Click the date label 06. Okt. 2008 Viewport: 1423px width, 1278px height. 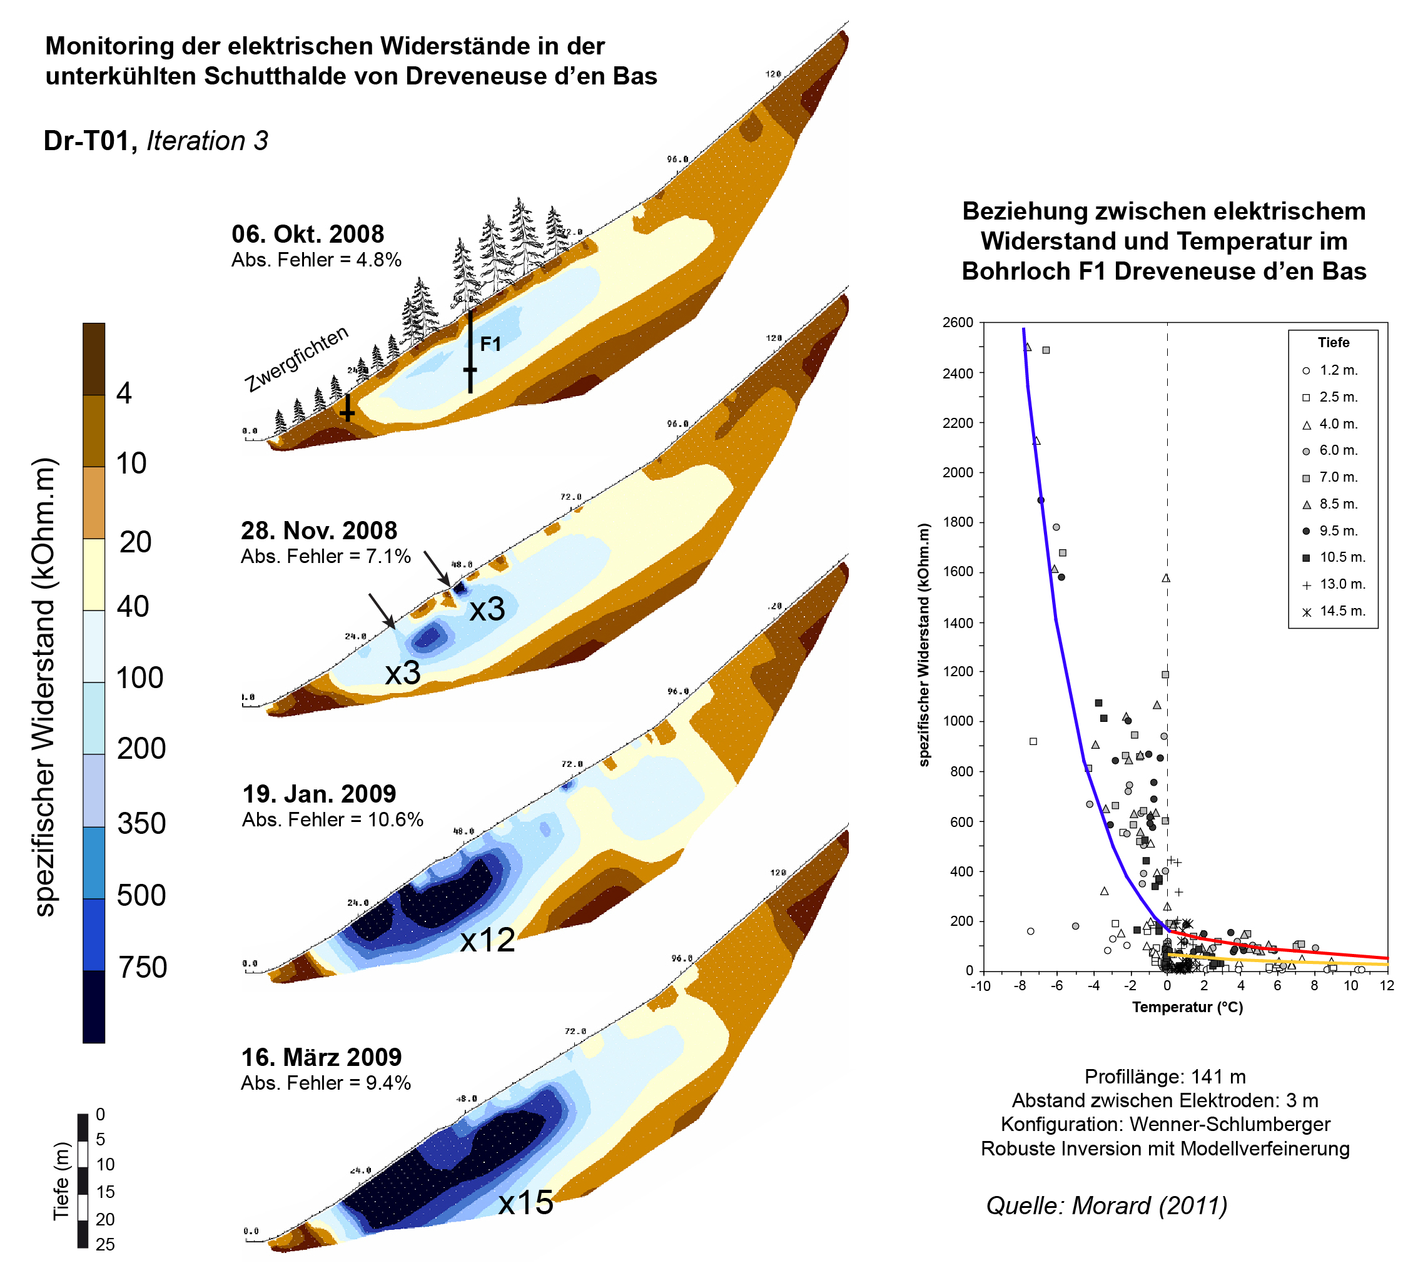pyautogui.click(x=308, y=234)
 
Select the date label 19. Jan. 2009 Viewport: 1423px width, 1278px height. pyautogui.click(x=319, y=794)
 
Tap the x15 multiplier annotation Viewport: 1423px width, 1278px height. pyautogui.click(x=526, y=1204)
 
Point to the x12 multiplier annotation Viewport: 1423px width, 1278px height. pyautogui.click(x=487, y=940)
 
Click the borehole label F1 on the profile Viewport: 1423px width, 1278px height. pyautogui.click(x=490, y=344)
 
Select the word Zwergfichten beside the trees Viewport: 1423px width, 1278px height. pyautogui.click(x=296, y=359)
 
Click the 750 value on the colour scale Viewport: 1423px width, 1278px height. pyautogui.click(x=142, y=968)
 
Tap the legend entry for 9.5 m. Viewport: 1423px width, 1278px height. pyautogui.click(x=1338, y=531)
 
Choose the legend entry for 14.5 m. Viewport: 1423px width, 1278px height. pyautogui.click(x=1342, y=611)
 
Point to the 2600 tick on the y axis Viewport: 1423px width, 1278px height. pyautogui.click(x=958, y=322)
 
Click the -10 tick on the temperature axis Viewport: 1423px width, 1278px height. pyautogui.click(x=980, y=986)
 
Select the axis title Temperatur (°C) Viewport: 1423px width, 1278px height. pyautogui.click(x=1187, y=1007)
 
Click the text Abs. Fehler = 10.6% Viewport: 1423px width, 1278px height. pyautogui.click(x=332, y=819)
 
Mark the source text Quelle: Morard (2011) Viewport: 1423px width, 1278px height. pyautogui.click(x=1106, y=1205)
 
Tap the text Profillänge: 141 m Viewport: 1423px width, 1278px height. pyautogui.click(x=1165, y=1077)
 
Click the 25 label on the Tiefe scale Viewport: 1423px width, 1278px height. pyautogui.click(x=105, y=1244)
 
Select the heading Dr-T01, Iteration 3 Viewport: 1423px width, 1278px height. pyautogui.click(x=155, y=141)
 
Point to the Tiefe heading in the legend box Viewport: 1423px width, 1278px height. pyautogui.click(x=1333, y=343)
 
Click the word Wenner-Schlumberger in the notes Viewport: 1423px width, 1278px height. pyautogui.click(x=1229, y=1124)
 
